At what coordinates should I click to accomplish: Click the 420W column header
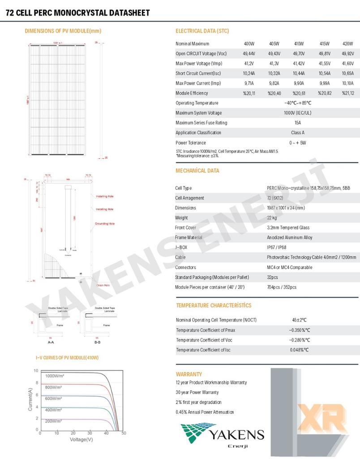point(347,43)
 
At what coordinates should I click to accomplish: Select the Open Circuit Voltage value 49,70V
point(299,54)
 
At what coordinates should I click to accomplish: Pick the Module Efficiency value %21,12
point(348,93)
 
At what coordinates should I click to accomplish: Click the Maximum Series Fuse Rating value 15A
point(298,123)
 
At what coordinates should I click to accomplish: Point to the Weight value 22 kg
point(272,218)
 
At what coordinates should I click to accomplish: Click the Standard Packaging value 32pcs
point(272,277)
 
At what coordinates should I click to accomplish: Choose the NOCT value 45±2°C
point(299,320)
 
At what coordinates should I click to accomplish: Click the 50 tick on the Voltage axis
point(124,433)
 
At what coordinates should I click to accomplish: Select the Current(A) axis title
point(30,398)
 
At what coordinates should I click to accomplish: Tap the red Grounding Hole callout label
point(105,223)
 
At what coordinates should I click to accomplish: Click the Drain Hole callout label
point(103,285)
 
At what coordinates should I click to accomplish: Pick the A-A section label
point(51,342)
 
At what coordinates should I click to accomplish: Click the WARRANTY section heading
point(189,374)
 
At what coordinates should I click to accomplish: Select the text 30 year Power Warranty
point(197,393)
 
